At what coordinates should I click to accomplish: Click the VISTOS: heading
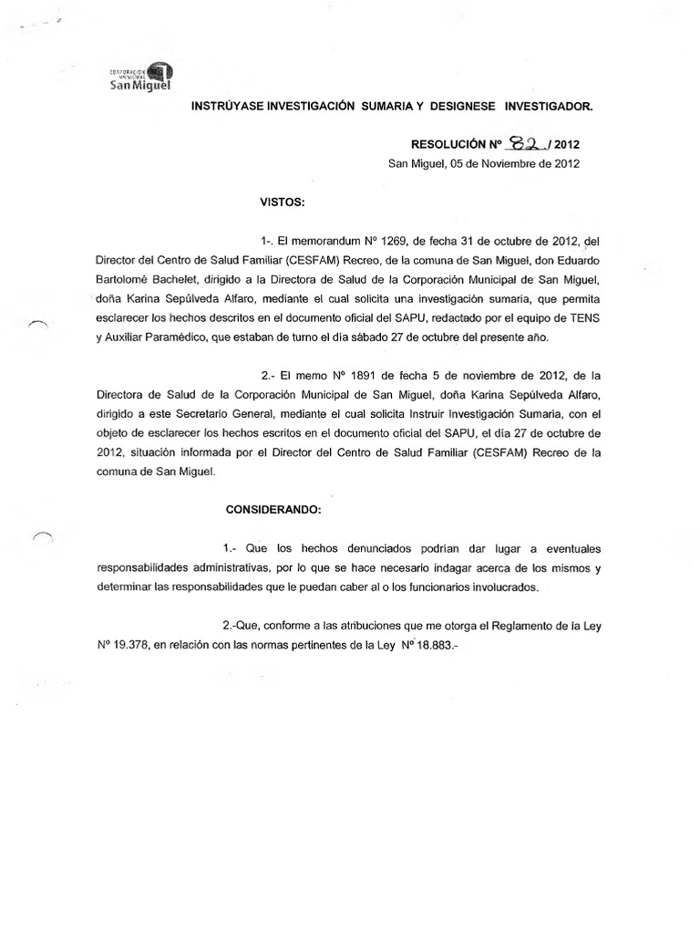point(283,201)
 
